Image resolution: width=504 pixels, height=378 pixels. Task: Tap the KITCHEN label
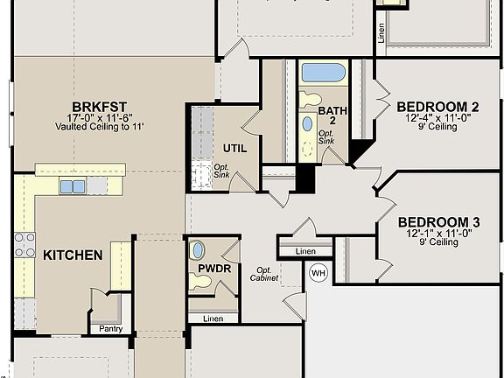[x=73, y=255]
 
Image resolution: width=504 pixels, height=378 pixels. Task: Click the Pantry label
[x=111, y=329]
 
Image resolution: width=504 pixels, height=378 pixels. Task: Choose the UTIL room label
[x=235, y=148]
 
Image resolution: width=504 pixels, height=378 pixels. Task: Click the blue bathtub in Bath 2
[x=323, y=73]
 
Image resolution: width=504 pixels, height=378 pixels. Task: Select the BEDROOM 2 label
[x=437, y=107]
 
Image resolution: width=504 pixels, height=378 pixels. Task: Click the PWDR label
[x=213, y=269]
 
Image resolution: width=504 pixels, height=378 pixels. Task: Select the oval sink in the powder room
[x=199, y=250]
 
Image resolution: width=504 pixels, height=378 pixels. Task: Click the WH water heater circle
[x=318, y=273]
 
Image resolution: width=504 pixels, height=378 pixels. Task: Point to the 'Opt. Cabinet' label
[x=266, y=274]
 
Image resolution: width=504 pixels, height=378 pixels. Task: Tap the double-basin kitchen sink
[x=73, y=186]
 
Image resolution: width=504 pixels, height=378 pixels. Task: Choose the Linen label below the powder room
[x=213, y=318]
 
